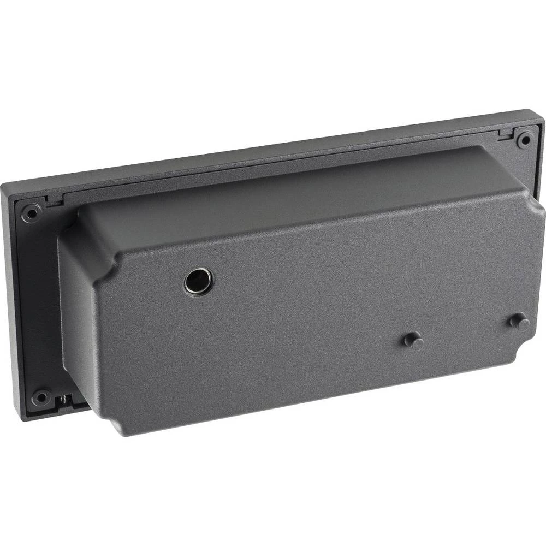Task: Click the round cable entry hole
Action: pyautogui.click(x=198, y=281)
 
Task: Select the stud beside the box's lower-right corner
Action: pyautogui.click(x=520, y=322)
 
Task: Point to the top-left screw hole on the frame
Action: pyautogui.click(x=31, y=212)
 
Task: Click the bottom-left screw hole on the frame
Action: pyautogui.click(x=40, y=397)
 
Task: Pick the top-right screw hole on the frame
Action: pyautogui.click(x=525, y=139)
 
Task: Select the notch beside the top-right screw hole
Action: pyautogui.click(x=505, y=134)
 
